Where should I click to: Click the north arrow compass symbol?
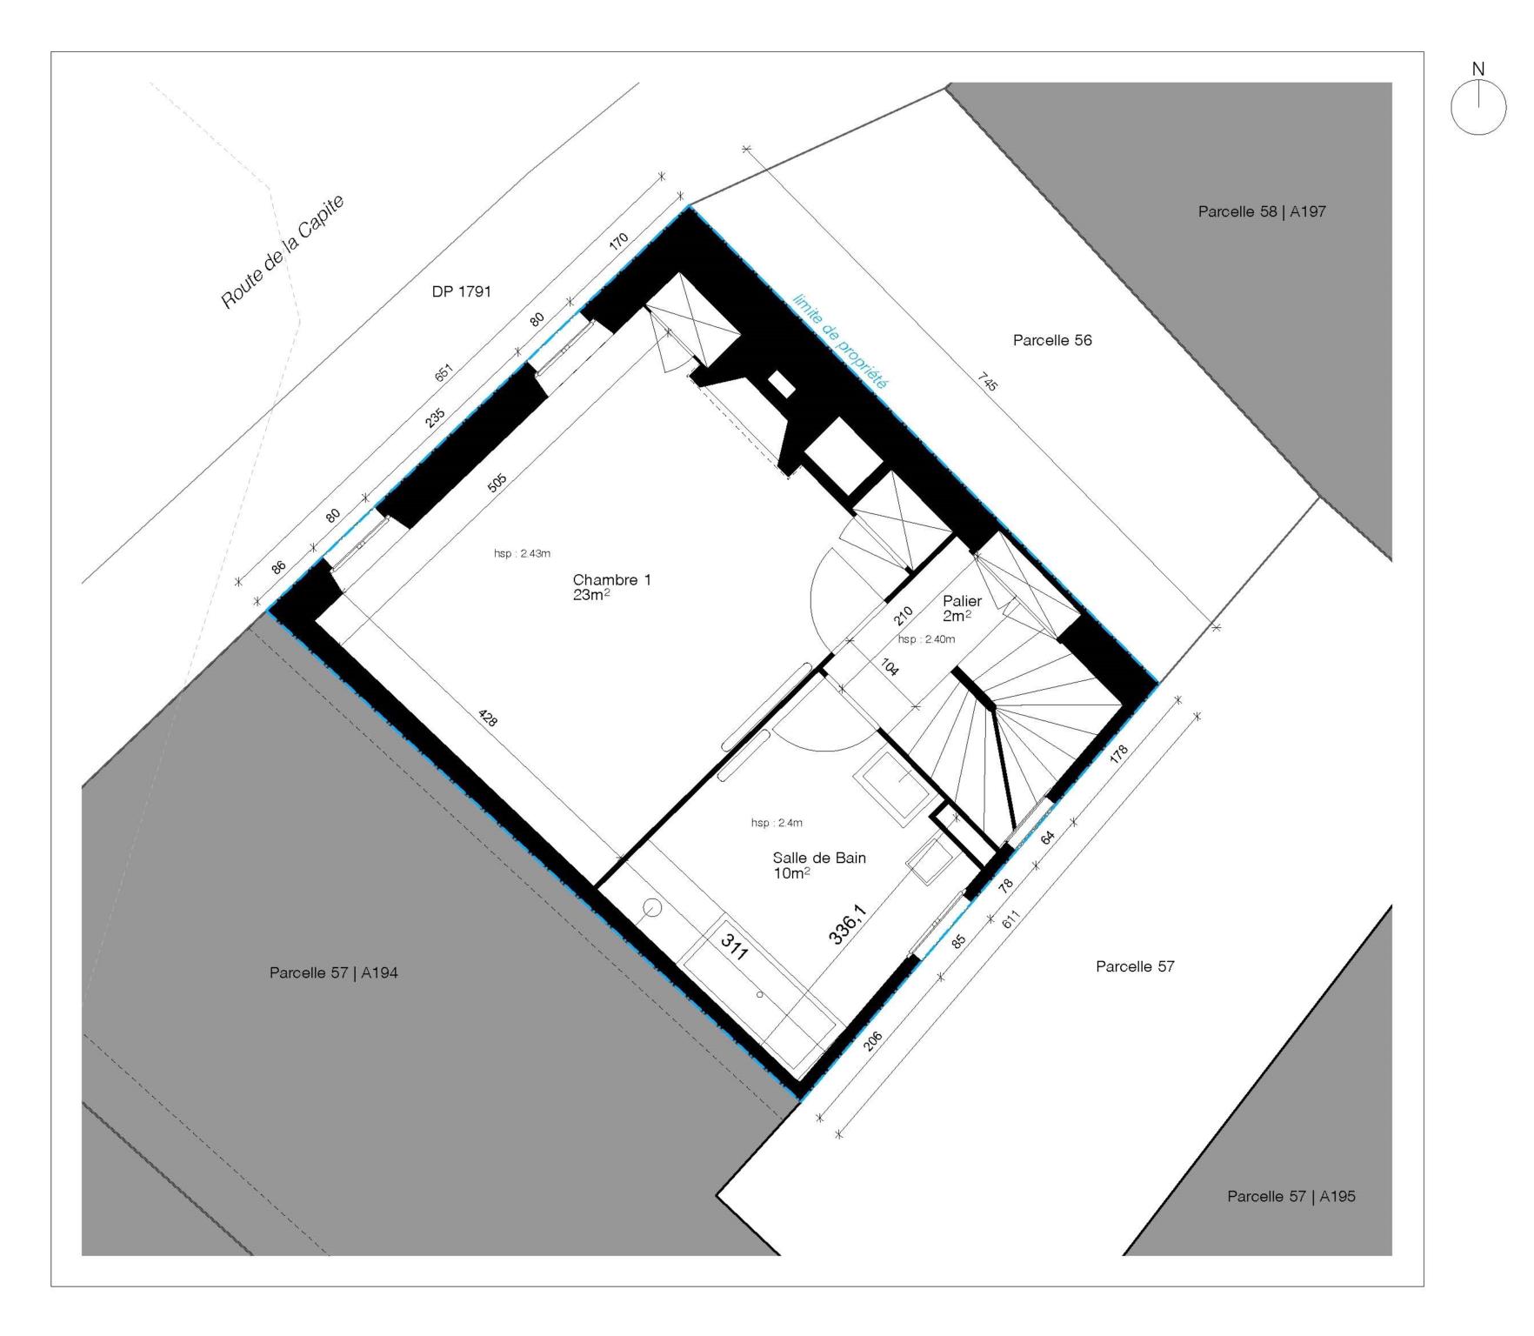pos(1478,107)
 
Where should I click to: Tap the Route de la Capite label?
pos(283,251)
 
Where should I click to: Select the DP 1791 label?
pos(461,291)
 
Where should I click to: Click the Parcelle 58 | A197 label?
pos(1261,211)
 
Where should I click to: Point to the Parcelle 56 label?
pos(1051,340)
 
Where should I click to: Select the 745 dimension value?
pos(987,381)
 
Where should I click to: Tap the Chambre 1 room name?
pos(611,580)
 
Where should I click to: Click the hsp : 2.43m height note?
pos(522,553)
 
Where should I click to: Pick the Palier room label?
pos(962,601)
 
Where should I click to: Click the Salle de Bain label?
pos(819,858)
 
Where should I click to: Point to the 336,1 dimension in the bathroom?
pos(847,924)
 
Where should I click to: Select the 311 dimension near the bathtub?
pos(735,946)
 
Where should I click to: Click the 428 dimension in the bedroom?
pos(489,718)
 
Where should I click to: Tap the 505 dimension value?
pos(497,484)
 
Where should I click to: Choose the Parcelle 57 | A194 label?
pos(333,973)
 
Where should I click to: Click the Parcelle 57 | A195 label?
pos(1291,1197)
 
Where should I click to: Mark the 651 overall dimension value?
pos(444,372)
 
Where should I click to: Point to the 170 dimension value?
pos(618,243)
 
